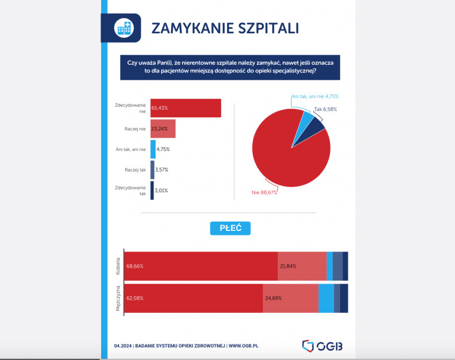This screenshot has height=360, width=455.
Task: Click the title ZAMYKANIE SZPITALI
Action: pyautogui.click(x=225, y=28)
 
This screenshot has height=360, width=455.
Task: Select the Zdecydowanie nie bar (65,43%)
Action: pyautogui.click(x=186, y=108)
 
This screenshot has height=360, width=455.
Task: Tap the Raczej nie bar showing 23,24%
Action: pyautogui.click(x=163, y=129)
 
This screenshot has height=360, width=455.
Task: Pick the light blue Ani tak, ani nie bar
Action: pyautogui.click(x=153, y=149)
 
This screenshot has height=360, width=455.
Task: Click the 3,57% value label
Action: pyautogui.click(x=161, y=170)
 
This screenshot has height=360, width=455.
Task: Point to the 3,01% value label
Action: pyautogui.click(x=161, y=191)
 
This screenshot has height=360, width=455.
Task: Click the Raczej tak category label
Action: pyautogui.click(x=135, y=170)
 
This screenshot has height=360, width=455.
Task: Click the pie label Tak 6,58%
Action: pyautogui.click(x=325, y=109)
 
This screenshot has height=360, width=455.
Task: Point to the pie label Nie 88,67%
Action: pyautogui.click(x=264, y=192)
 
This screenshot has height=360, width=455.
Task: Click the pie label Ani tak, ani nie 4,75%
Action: pyautogui.click(x=314, y=96)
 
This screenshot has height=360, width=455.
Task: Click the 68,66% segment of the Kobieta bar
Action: pyautogui.click(x=201, y=266)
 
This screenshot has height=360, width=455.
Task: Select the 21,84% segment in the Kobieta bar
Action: pyautogui.click(x=302, y=266)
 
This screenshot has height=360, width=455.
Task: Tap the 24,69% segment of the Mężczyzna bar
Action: pyautogui.click(x=291, y=298)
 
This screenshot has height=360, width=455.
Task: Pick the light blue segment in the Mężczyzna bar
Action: pyautogui.click(x=326, y=298)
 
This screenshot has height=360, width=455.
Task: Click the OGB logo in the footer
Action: pyautogui.click(x=326, y=346)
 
